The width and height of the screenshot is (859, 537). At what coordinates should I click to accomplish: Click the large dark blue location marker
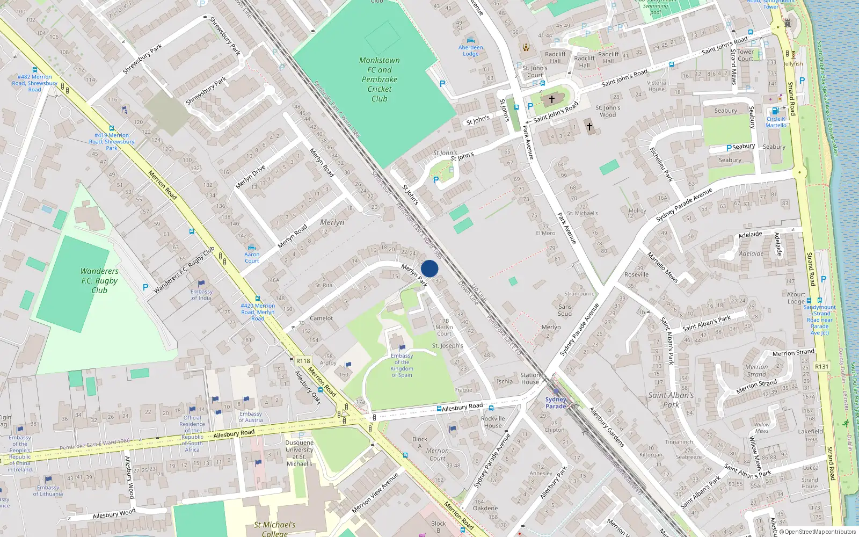[429, 268]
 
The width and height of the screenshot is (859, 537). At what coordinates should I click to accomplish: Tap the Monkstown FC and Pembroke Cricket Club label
[380, 79]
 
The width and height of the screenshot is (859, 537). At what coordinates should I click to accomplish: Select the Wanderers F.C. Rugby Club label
[99, 280]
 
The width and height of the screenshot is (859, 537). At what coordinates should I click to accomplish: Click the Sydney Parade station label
[556, 403]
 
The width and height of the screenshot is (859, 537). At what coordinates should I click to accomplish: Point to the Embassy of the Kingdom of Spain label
[402, 365]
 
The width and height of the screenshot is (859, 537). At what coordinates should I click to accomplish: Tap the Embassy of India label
[201, 295]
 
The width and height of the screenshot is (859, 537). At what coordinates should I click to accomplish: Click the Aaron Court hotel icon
[251, 248]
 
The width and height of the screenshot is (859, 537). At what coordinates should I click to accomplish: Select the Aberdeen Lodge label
[470, 50]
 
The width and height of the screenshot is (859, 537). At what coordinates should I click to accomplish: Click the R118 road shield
[303, 361]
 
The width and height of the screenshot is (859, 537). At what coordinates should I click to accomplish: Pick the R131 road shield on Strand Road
[821, 366]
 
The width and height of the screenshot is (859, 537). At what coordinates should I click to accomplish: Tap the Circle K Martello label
[776, 122]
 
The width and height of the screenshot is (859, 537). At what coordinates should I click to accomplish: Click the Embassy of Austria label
[251, 417]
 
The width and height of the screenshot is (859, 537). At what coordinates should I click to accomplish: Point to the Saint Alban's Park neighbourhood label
[671, 400]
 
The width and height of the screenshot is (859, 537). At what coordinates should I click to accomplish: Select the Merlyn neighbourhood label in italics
[332, 222]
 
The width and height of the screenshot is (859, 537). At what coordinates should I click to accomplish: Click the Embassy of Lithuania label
[48, 491]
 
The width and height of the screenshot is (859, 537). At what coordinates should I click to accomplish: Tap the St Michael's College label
[274, 528]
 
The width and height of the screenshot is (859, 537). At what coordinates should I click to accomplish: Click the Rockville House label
[492, 422]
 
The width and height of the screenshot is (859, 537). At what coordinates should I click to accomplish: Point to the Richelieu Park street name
[661, 164]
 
